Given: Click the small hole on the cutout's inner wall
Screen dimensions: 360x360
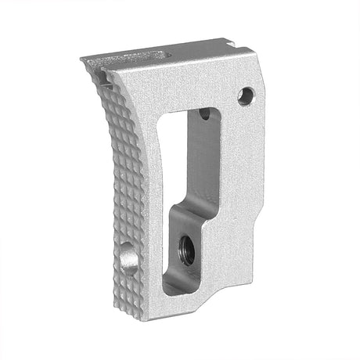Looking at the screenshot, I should pos(204,114).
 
